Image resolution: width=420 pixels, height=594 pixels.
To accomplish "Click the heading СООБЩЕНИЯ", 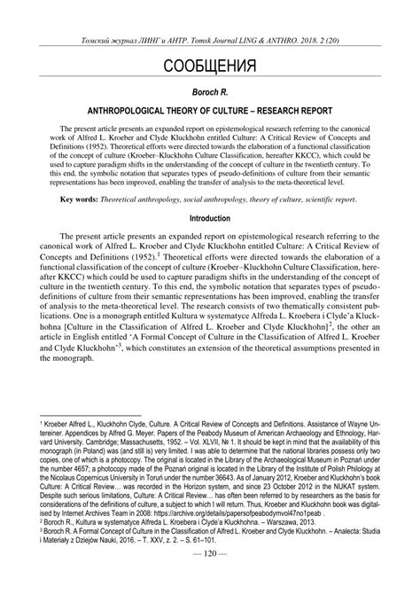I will pyautogui.click(x=210, y=67).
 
